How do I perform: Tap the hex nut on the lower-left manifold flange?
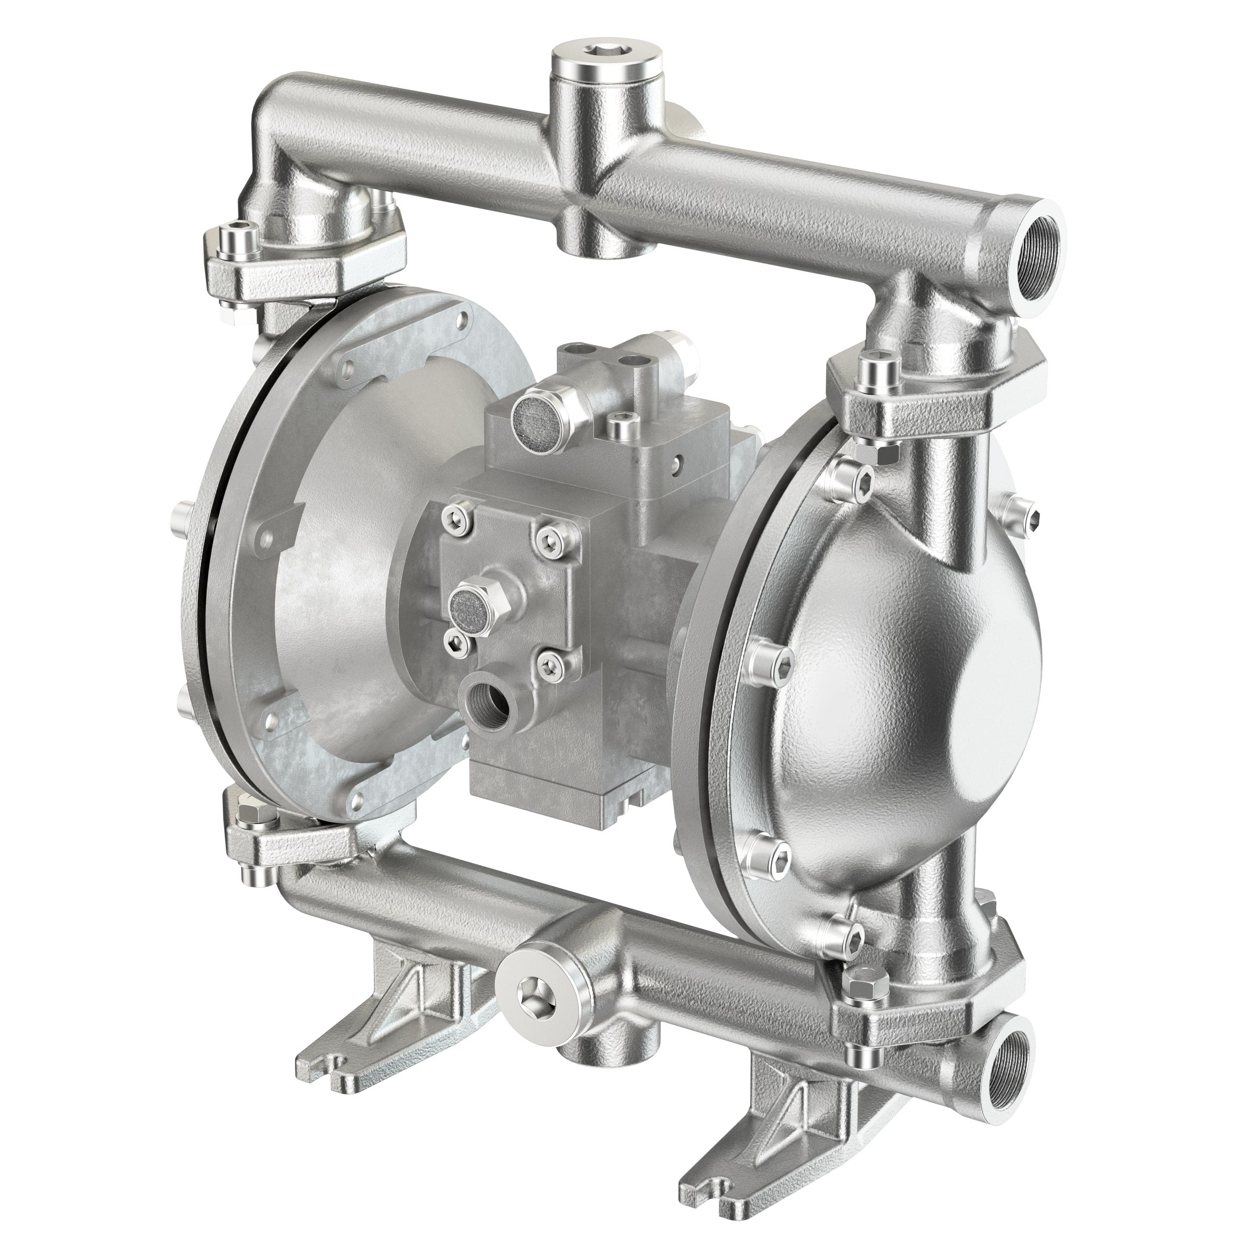(249, 814)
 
